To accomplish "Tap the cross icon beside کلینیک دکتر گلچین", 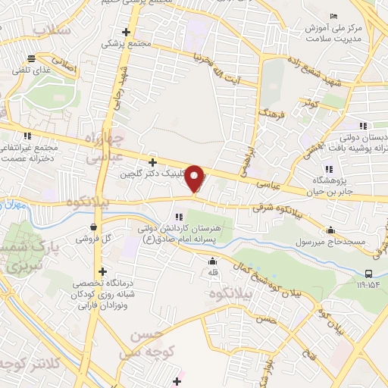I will [152, 162].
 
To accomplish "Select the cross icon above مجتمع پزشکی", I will [127, 32].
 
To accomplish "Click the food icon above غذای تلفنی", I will [33, 58].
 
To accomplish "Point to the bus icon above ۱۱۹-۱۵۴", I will [368, 274].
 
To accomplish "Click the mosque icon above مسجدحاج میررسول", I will [330, 230].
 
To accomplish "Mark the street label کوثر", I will [309, 102].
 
